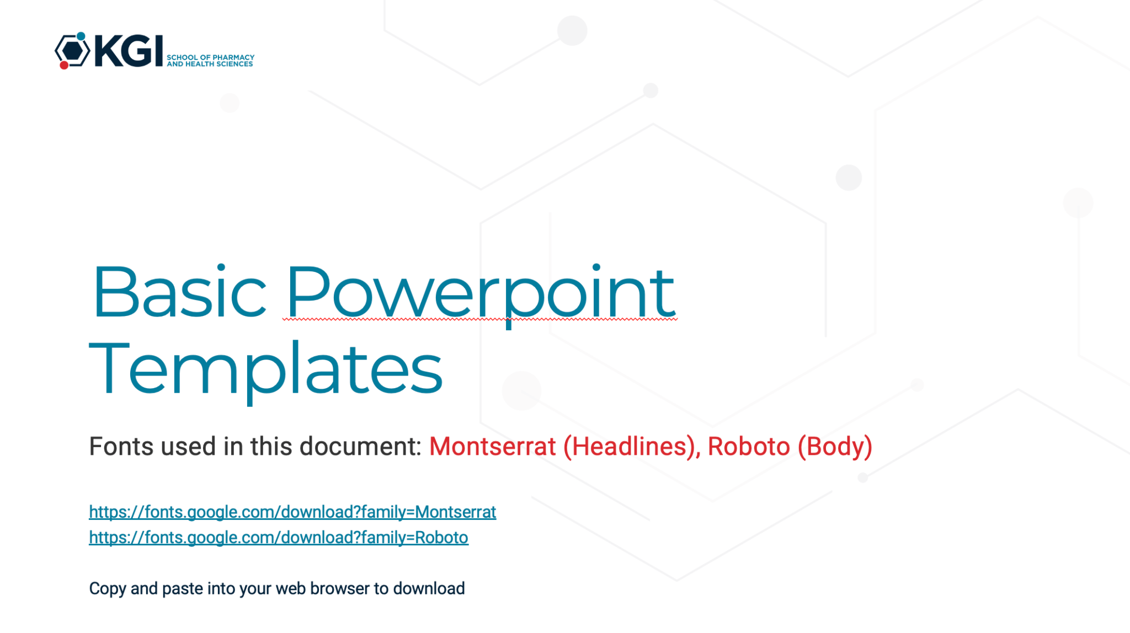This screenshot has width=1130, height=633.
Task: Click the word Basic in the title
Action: pos(180,292)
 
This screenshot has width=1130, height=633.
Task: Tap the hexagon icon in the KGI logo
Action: pos(72,51)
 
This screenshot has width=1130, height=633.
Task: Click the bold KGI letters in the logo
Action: pos(129,51)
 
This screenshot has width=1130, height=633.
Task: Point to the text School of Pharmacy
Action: pos(211,57)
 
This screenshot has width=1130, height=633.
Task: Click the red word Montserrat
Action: pos(493,446)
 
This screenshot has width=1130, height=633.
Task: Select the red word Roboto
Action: pos(749,446)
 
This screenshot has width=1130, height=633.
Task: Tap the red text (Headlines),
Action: pos(632,447)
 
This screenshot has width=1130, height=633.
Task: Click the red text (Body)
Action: pos(835,447)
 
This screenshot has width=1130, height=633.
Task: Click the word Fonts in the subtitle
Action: pos(121,446)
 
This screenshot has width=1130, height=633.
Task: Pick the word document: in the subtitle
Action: pos(360,446)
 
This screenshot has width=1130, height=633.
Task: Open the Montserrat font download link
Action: pos(292,512)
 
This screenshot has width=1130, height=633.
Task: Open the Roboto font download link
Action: pos(279,538)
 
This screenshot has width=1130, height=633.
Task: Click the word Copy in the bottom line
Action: pos(108,589)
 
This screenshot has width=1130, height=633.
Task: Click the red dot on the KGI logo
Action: pos(64,65)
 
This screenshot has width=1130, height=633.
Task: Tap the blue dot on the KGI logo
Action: pos(81,36)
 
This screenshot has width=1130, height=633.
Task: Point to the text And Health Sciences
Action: pos(210,64)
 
